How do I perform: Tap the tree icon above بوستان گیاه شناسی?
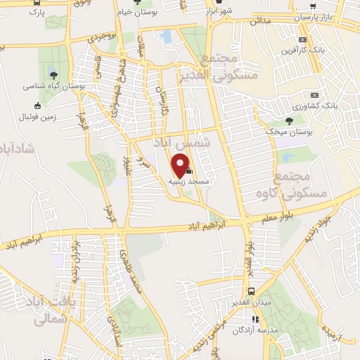tap(53, 74)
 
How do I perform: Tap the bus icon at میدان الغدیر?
tap(250, 292)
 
